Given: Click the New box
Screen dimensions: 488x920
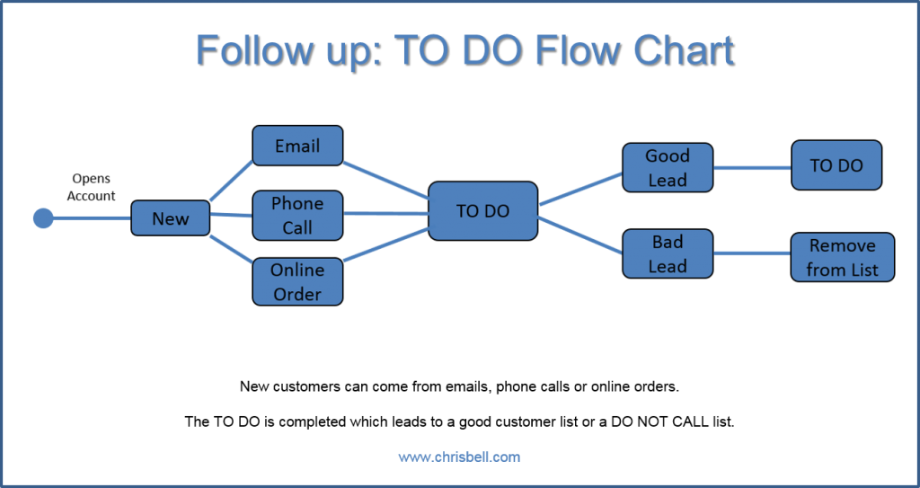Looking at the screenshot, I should [x=171, y=218].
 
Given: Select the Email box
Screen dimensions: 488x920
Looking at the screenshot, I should [x=297, y=146].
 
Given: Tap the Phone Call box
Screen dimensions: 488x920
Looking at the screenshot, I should [x=297, y=216].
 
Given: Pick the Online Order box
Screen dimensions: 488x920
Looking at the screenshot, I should [x=297, y=281].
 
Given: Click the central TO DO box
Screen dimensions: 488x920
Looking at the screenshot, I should [x=482, y=211].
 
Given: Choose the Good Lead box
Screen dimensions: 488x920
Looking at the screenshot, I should [x=668, y=167].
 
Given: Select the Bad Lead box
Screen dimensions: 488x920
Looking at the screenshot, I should [x=668, y=253].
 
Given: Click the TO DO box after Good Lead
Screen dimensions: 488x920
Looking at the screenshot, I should [x=836, y=165].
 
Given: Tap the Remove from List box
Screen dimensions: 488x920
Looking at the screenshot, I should [x=842, y=257].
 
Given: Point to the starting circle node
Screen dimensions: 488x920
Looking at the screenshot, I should [x=42, y=218].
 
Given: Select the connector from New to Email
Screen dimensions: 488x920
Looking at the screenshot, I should [x=231, y=181].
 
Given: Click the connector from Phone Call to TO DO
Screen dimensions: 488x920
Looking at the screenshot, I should [x=385, y=214].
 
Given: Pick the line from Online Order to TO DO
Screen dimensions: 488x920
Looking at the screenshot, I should [x=385, y=244].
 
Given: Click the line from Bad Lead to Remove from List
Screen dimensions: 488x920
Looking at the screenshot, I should [x=752, y=253].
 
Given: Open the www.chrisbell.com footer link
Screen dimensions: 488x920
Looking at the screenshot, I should [x=459, y=457].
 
